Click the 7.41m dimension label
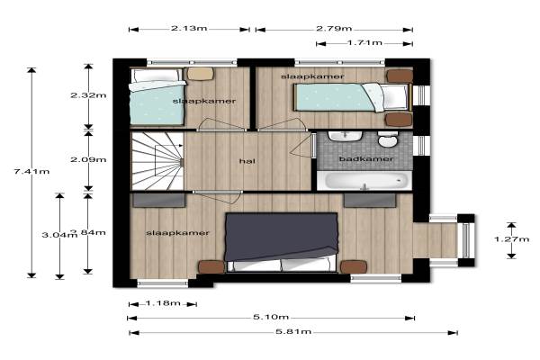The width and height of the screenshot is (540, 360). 31,171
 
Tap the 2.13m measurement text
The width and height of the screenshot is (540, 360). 189,28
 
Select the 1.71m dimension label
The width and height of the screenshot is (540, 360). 364,42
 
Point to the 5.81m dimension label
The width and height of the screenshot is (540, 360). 293,332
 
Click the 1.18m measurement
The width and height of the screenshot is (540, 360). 163,303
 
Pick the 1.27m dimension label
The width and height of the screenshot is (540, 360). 512,239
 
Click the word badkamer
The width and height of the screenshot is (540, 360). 366,158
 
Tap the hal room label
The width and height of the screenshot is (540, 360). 247,161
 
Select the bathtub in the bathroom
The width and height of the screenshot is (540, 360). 364,181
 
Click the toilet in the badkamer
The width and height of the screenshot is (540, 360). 387,139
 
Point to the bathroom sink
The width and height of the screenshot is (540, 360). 345,137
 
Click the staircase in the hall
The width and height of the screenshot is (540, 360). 157,162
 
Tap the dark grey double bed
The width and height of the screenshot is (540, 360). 282,242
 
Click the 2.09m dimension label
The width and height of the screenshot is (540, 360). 88,160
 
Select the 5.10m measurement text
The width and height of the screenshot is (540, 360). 271,317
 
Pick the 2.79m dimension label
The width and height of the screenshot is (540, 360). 334,28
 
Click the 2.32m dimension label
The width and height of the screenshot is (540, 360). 88,95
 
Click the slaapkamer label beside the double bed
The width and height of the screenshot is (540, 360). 177,233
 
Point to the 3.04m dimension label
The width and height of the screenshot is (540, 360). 58,235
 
